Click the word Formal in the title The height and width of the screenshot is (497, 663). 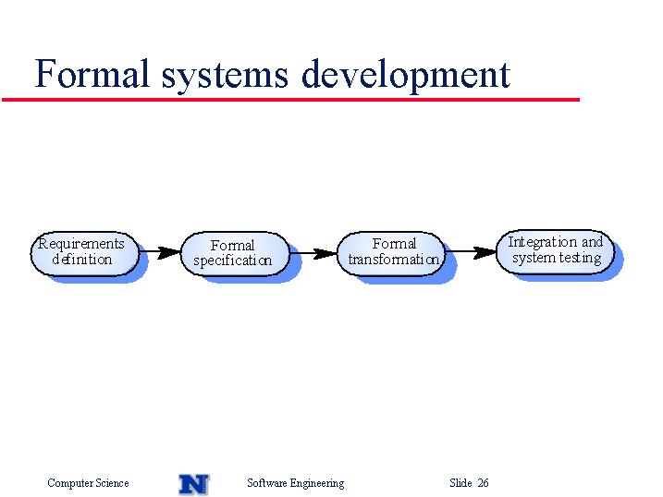point(92,74)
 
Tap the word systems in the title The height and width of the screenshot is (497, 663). point(225,77)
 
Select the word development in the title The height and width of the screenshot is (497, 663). point(406,76)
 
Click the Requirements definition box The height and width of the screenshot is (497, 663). point(84,254)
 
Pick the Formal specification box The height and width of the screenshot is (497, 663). point(235,254)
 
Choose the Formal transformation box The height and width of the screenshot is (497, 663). point(391,254)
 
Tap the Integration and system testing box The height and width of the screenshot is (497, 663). point(555,252)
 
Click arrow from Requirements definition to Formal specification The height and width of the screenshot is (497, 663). point(160,252)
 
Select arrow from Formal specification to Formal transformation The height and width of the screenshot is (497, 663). point(313,253)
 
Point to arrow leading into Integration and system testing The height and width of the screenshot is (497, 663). point(471,252)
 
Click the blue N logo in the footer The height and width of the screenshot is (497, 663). point(194,484)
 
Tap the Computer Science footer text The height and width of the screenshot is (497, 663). point(88,483)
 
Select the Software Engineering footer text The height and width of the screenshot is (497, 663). point(296,483)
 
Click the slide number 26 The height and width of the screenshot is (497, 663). point(483,482)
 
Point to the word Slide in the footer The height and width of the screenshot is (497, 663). point(460,482)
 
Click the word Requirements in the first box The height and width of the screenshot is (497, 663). point(81,244)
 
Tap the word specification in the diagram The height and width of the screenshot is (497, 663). point(232,261)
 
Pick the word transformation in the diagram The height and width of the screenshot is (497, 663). point(394,259)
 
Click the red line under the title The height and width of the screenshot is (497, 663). point(290,100)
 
